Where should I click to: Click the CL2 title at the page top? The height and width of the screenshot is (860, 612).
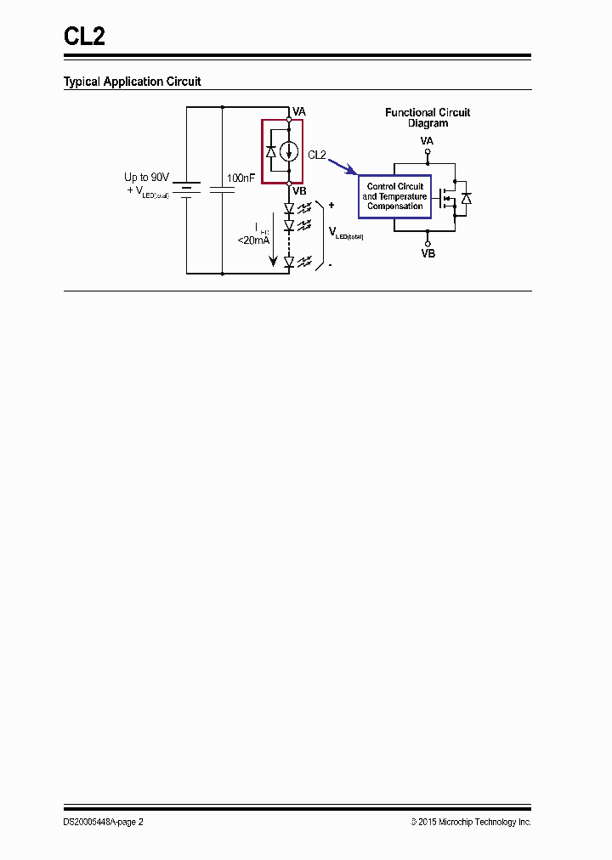tap(85, 36)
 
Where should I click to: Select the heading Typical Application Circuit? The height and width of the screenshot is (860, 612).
tap(133, 82)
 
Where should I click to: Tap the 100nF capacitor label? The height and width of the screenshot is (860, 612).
tap(241, 179)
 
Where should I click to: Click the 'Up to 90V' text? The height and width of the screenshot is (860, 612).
tap(147, 178)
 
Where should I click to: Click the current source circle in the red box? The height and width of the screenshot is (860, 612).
tap(289, 151)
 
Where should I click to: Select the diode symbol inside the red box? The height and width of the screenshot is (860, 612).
tap(271, 151)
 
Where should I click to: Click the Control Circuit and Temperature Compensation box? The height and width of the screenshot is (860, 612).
tap(394, 196)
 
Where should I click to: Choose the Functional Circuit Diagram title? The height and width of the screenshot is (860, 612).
tap(428, 117)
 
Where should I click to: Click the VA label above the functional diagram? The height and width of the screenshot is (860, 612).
tap(428, 140)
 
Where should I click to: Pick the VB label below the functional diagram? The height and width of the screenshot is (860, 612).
tap(428, 253)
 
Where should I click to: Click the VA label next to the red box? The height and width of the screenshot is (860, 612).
tap(299, 112)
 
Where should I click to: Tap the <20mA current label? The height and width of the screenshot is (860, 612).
tap(253, 240)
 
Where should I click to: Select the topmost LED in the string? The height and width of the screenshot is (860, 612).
tap(289, 207)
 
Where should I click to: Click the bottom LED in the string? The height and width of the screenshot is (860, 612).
tap(289, 263)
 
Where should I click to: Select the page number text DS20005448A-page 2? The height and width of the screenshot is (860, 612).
tap(104, 822)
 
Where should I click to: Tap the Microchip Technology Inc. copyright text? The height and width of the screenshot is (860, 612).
tap(471, 822)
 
